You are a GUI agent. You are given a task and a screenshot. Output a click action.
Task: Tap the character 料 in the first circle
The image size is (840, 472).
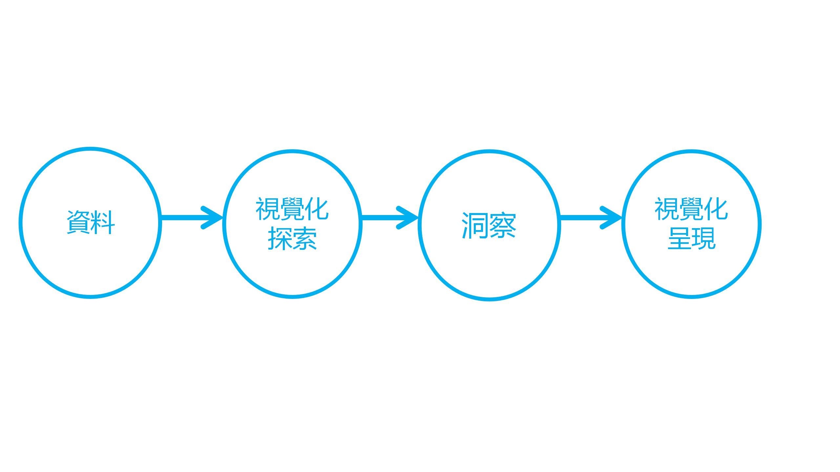103,223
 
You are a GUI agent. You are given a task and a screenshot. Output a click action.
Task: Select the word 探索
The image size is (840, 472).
292,239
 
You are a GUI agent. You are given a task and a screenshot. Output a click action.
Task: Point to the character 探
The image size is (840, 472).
280,239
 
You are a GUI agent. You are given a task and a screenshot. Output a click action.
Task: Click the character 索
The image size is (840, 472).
304,239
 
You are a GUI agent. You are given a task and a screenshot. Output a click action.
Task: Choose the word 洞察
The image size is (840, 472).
489,225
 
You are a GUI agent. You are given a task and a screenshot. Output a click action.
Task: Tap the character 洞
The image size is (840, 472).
475,225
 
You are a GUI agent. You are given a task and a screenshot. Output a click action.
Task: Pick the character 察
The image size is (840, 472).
503,225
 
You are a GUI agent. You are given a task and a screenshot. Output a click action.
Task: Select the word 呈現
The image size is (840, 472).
692,239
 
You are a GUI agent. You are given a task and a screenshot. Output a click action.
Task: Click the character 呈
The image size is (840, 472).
679,239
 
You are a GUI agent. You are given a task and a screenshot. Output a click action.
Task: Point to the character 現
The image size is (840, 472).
704,239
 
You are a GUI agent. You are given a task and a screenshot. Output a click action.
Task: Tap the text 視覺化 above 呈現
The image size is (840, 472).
691,209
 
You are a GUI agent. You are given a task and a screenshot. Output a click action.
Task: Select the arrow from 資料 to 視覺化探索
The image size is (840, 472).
190,217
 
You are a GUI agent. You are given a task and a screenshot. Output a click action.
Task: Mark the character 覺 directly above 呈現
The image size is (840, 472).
691,209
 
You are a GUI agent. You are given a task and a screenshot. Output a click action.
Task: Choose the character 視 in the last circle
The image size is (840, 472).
667,209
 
